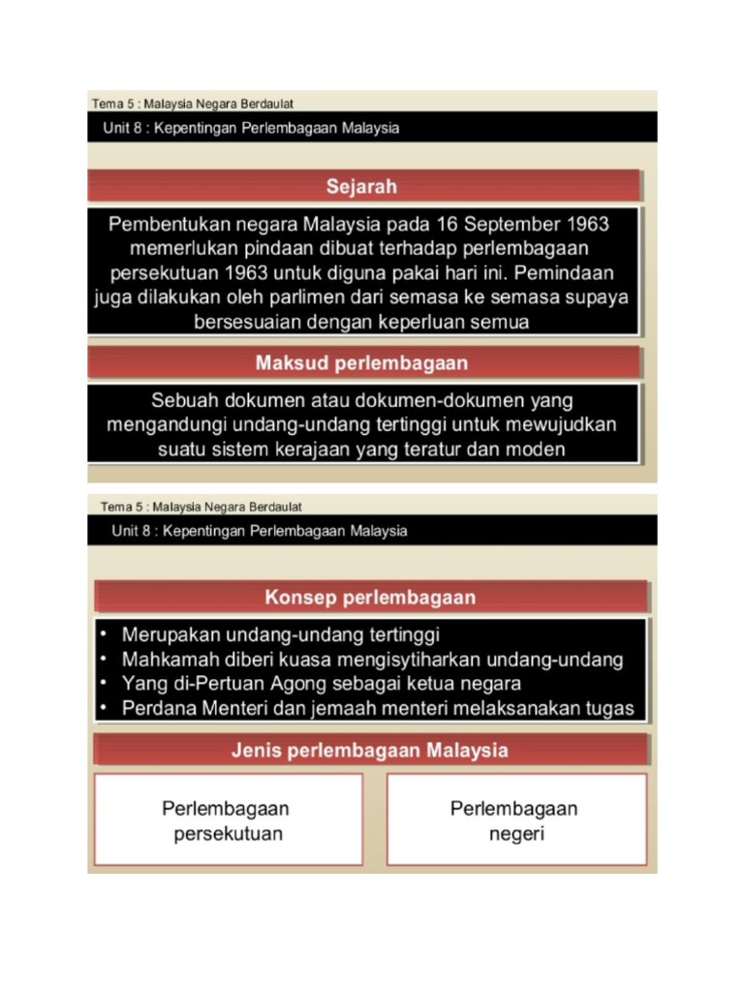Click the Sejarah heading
tap(360, 186)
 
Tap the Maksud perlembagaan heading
tap(361, 363)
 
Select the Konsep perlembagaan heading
tap(371, 597)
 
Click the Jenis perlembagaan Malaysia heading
tap(370, 750)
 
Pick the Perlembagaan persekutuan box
tap(229, 820)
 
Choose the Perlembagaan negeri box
tap(516, 820)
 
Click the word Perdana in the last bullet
tap(159, 708)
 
